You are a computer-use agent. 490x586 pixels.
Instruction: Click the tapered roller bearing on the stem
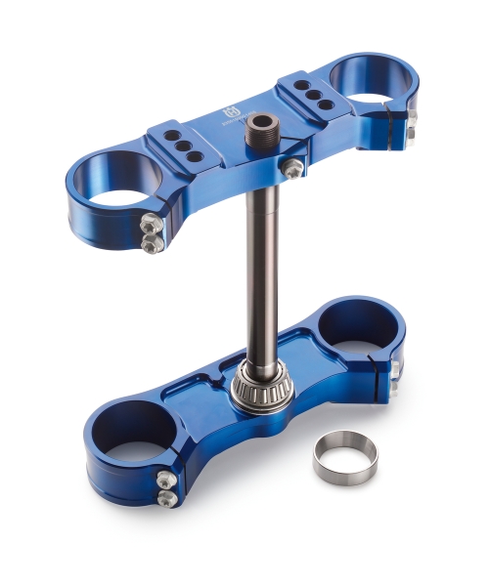click(263, 391)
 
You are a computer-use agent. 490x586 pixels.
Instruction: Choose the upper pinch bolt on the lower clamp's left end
click(166, 480)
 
